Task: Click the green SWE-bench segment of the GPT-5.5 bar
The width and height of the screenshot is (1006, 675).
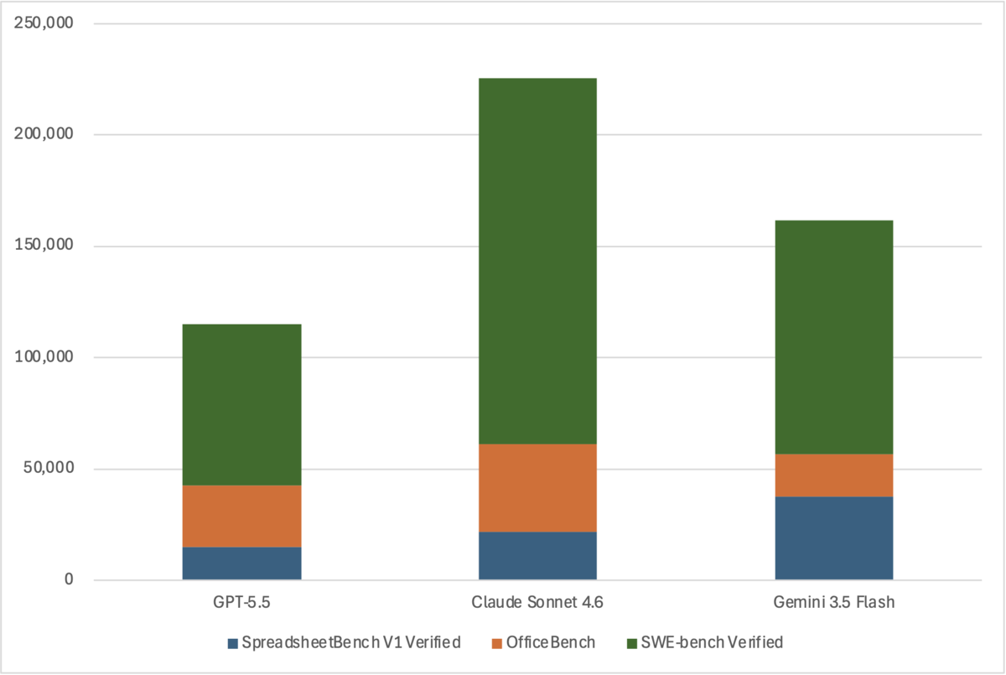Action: pos(241,405)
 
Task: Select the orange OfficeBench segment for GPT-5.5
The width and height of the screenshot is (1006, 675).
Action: pos(241,516)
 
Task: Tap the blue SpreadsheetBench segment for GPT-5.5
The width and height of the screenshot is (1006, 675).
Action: pos(241,563)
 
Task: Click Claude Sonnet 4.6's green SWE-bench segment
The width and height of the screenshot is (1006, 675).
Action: pos(537,261)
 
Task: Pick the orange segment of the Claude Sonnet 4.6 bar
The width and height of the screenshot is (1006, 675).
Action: pos(537,488)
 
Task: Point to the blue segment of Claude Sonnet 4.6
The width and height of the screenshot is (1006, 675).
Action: pos(537,556)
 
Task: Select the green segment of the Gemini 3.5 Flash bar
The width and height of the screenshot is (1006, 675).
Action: pos(834,337)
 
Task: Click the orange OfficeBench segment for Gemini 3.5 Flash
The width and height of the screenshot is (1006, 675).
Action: pos(834,475)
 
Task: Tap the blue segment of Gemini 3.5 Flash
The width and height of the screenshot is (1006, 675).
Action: pos(834,538)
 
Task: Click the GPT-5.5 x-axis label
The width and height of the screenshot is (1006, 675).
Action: pos(241,602)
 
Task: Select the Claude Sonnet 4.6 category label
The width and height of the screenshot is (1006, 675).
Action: pos(537,602)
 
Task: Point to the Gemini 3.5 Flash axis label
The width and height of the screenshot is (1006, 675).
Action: pos(834,602)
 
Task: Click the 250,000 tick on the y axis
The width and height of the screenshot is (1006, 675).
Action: pos(44,23)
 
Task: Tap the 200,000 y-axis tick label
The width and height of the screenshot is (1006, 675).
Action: pos(44,133)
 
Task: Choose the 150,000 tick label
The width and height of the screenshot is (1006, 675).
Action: pos(44,245)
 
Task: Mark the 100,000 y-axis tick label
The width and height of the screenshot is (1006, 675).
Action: pos(44,356)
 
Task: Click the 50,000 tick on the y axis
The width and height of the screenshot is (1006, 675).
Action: pos(49,468)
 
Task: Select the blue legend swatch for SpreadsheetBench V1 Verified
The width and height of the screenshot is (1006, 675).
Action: pos(233,644)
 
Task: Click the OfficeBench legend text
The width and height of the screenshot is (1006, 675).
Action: pos(551,642)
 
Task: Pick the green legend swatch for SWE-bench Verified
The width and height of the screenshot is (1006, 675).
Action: pos(632,644)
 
